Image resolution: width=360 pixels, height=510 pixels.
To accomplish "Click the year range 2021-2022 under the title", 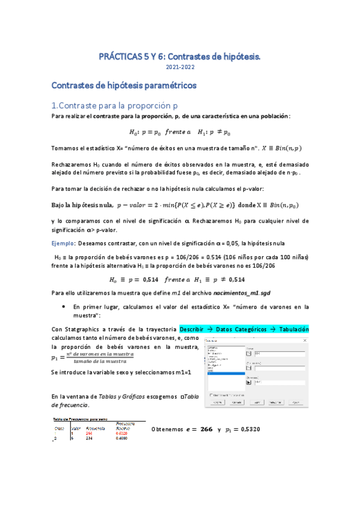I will click(180, 69).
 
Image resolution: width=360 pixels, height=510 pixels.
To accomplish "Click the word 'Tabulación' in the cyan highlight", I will click(291, 329).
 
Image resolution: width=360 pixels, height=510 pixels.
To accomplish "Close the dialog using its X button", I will click(305, 341).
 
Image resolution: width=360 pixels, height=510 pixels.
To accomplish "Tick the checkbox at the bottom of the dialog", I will click(210, 395).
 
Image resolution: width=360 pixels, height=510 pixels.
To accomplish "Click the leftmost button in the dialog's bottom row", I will click(217, 402).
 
